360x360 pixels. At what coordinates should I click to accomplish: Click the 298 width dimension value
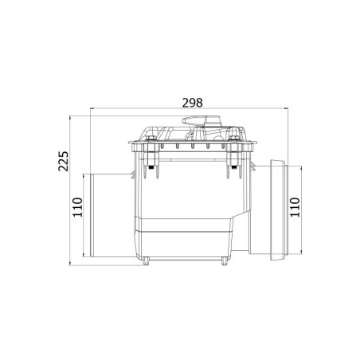click(193, 103)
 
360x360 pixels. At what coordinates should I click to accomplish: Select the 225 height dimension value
click(64, 161)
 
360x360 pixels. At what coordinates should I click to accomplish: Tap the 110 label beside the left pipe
click(78, 207)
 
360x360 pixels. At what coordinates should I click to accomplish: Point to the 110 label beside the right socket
click(295, 207)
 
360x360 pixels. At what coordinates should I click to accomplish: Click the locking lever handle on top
click(202, 120)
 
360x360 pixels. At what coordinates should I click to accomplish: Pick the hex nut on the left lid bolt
click(151, 139)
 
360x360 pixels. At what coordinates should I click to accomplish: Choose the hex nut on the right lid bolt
click(233, 139)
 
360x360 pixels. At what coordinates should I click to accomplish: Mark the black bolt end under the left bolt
click(151, 167)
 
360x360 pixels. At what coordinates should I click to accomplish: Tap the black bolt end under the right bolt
click(233, 167)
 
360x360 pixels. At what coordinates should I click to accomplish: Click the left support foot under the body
click(146, 261)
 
